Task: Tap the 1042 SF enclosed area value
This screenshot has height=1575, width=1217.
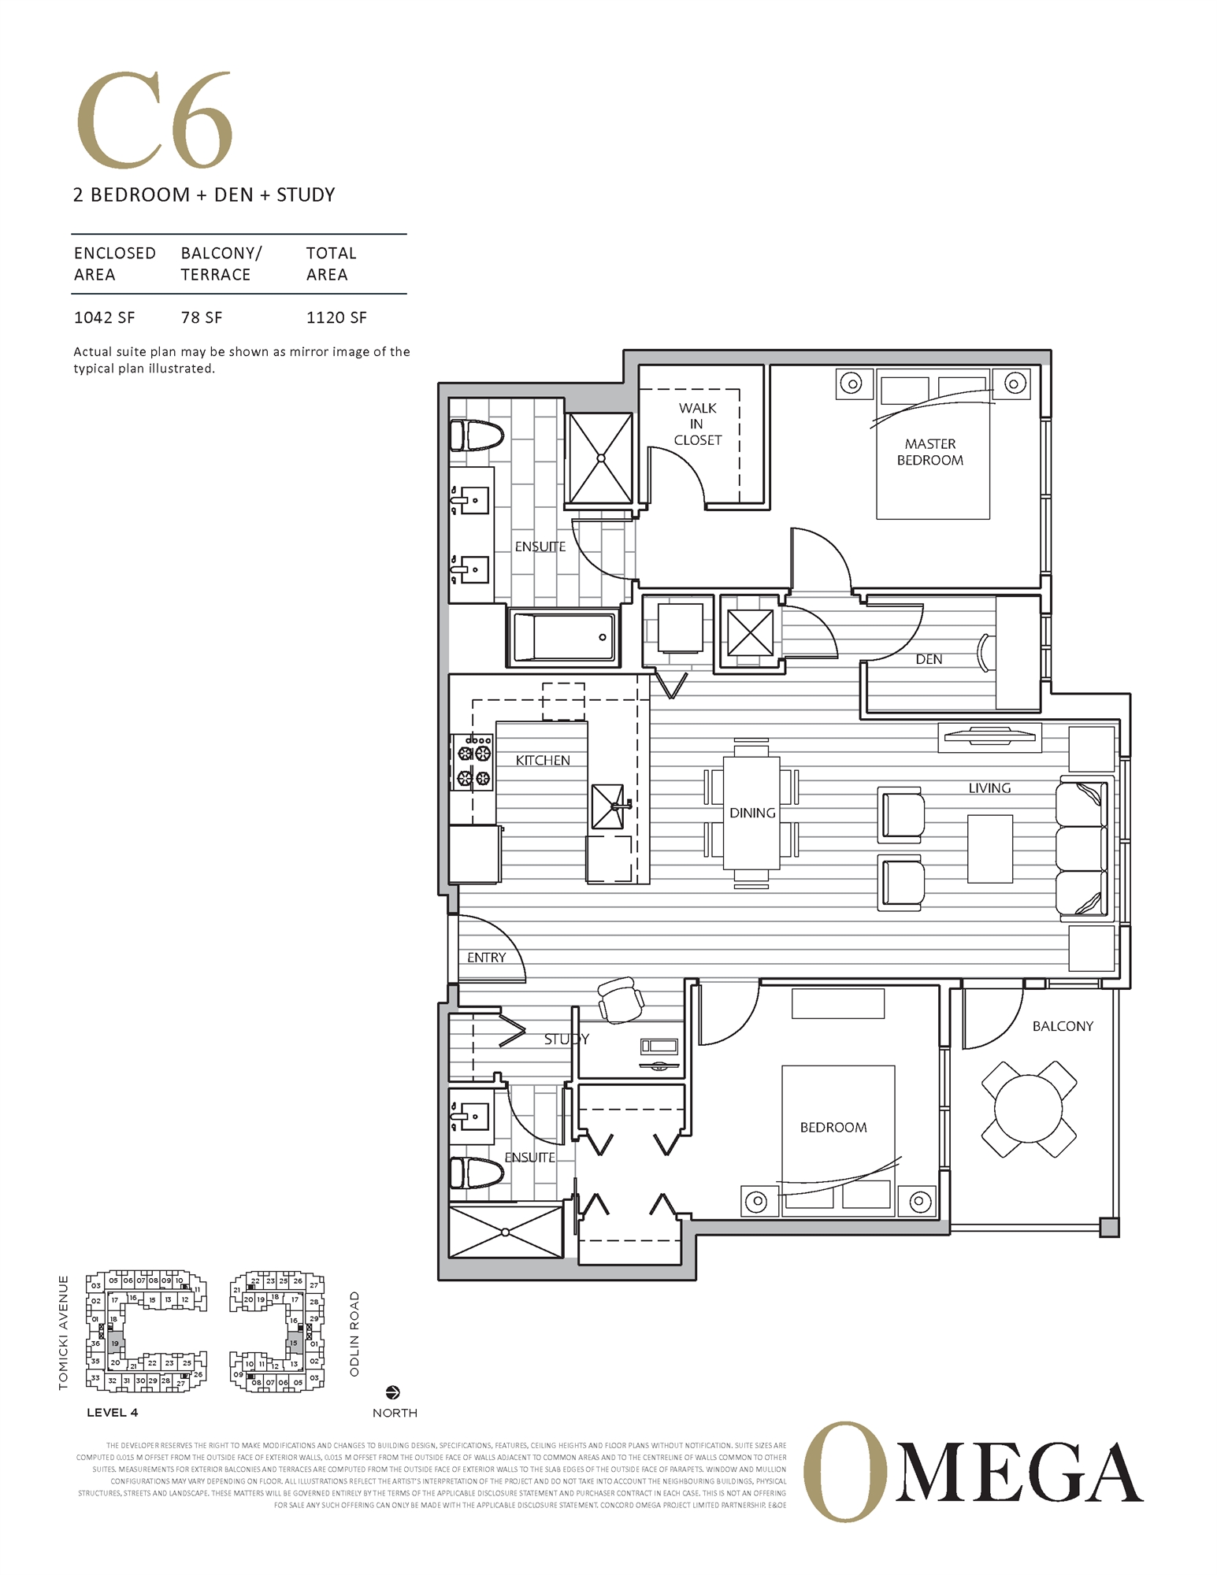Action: (x=104, y=317)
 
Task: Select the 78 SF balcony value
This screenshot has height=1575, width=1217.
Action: (x=201, y=317)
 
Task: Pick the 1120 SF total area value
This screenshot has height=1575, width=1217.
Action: (x=336, y=317)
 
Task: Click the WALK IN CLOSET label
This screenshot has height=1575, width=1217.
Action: (x=697, y=424)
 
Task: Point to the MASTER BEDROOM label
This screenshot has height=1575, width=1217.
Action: (x=929, y=452)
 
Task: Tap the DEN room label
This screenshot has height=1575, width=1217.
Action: (x=928, y=659)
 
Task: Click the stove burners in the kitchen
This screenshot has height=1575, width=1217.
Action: (x=473, y=762)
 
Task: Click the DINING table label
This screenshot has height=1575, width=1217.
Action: (x=751, y=813)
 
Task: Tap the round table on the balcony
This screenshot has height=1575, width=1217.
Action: (x=1028, y=1108)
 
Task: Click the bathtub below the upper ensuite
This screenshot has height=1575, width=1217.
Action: (x=563, y=637)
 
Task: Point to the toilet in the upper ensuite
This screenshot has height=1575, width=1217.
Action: (x=476, y=435)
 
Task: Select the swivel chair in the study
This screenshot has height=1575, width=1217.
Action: (x=621, y=999)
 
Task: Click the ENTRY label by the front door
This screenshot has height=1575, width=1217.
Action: (x=486, y=958)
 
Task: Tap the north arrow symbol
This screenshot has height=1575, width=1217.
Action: (x=393, y=1392)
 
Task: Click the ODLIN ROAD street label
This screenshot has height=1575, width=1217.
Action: (x=354, y=1334)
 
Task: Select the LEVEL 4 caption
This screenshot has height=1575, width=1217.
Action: (x=112, y=1412)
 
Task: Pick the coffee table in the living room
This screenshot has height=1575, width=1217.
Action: (x=989, y=849)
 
